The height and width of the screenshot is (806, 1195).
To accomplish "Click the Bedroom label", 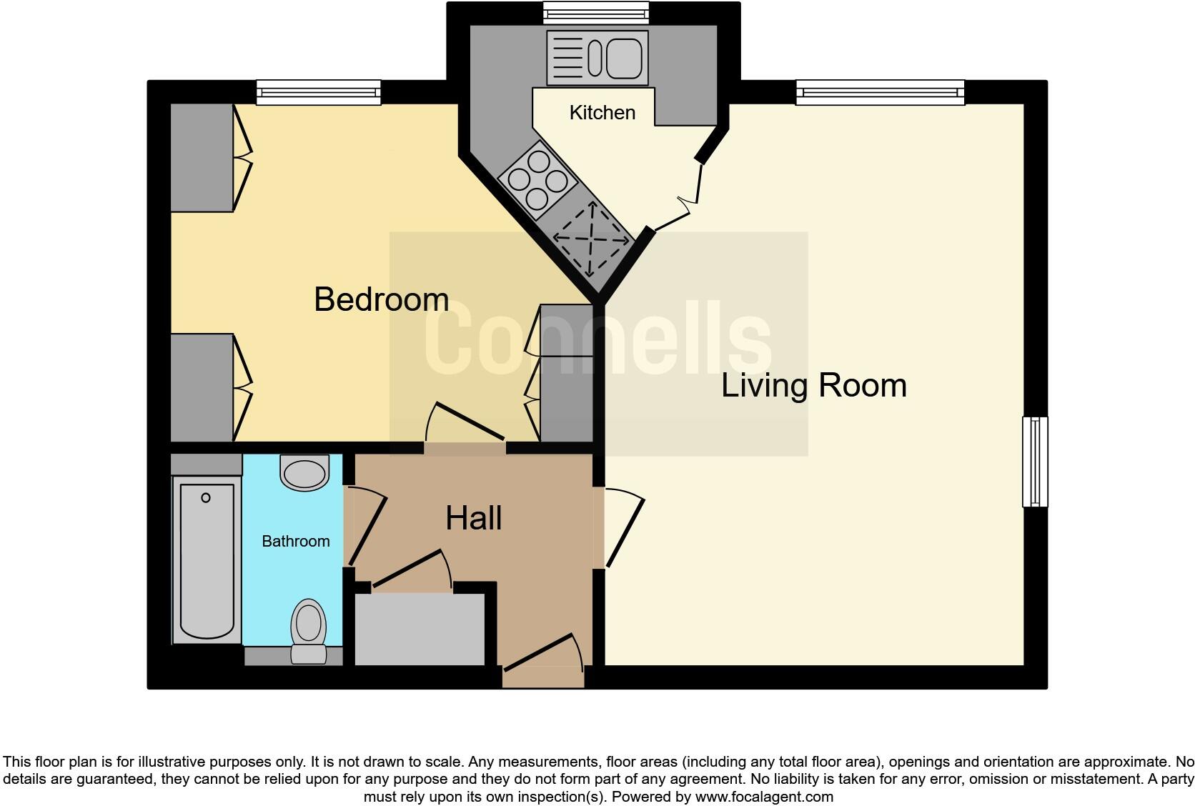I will (381, 299).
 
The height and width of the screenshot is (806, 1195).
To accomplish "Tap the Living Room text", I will (813, 386).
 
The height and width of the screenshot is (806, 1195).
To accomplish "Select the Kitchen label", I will (602, 113).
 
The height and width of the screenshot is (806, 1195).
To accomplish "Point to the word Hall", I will (473, 519).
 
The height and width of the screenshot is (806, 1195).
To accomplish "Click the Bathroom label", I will (295, 542).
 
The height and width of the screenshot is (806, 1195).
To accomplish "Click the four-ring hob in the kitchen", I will (537, 179).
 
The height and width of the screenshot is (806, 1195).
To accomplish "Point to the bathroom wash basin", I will (305, 472).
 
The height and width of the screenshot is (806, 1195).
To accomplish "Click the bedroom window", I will (318, 92).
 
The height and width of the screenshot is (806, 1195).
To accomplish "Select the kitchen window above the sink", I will (595, 11).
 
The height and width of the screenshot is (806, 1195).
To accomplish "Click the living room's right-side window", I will (1034, 462).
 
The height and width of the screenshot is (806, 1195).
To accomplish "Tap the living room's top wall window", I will (880, 92).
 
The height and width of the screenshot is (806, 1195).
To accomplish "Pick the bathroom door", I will (366, 527).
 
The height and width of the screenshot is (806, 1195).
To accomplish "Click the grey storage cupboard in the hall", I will (420, 630).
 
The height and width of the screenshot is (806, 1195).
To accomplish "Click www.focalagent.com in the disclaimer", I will (763, 797).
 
